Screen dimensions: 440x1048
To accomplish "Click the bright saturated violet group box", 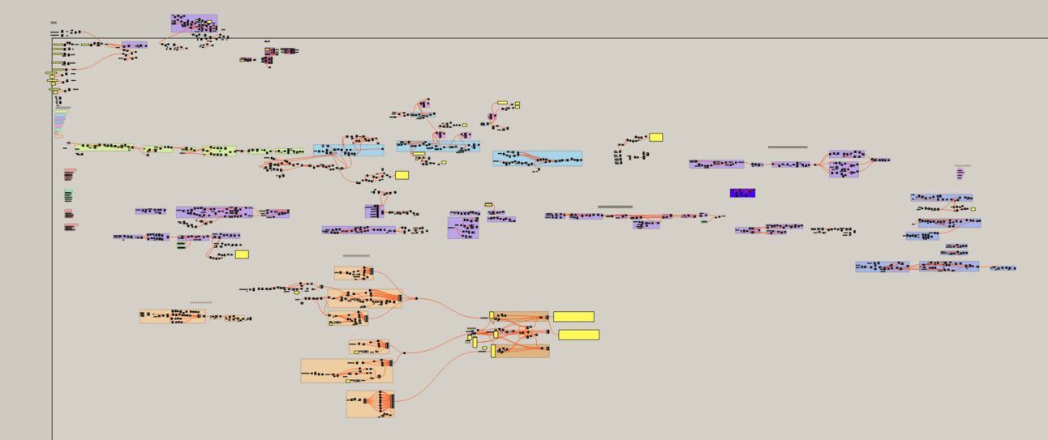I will click(x=742, y=193).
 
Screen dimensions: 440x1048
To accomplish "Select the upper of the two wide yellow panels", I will click(x=573, y=317).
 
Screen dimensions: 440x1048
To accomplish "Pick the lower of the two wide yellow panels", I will click(x=578, y=335).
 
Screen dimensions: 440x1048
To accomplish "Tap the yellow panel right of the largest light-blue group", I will click(x=655, y=137).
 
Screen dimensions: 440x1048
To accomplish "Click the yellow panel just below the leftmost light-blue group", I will click(x=402, y=175).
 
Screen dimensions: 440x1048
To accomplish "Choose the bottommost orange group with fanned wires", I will click(x=371, y=404).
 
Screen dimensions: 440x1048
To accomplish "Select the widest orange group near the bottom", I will click(x=346, y=371).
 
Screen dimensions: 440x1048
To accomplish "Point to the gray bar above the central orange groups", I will click(x=356, y=256).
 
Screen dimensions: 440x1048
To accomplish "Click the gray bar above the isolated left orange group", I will click(x=201, y=303).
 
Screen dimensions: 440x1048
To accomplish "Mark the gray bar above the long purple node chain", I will click(x=615, y=207).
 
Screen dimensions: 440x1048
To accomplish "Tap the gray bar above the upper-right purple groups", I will click(x=787, y=147).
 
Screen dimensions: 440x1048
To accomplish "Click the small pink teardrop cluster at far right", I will click(x=960, y=173).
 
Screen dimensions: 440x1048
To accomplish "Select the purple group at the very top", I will click(x=194, y=23).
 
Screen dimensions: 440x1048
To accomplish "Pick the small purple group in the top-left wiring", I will click(x=135, y=45).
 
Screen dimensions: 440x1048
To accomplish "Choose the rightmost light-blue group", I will click(x=537, y=158).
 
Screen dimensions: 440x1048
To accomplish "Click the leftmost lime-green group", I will click(x=105, y=147).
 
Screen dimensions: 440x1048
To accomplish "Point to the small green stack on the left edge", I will click(x=68, y=195).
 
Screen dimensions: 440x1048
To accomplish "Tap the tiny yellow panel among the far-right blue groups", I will click(x=973, y=209).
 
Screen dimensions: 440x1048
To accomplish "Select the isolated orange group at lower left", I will click(x=172, y=316).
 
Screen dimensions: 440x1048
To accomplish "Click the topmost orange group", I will click(x=354, y=273).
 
